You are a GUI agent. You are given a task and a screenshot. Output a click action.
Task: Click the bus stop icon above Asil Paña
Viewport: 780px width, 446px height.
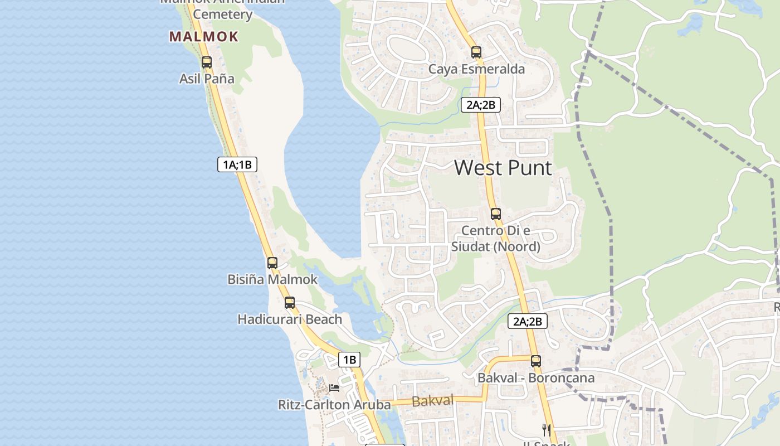tap(207, 62)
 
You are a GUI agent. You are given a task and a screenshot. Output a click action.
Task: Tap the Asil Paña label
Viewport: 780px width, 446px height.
tap(207, 79)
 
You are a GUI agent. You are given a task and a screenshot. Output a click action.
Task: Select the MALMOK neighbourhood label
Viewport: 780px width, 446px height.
tap(204, 37)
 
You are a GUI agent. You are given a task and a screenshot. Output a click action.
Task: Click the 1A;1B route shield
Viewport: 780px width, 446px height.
tap(237, 164)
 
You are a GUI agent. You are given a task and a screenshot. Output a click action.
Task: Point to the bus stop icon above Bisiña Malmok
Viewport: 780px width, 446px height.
tap(272, 263)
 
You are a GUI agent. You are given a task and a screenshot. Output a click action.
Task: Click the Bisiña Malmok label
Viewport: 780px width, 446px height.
tap(272, 279)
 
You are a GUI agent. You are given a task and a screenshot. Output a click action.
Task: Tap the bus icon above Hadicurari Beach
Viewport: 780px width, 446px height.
tap(290, 303)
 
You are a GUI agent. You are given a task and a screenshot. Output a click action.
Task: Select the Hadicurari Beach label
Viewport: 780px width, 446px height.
tap(290, 319)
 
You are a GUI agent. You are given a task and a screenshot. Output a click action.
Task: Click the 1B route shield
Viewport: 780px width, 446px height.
tap(349, 360)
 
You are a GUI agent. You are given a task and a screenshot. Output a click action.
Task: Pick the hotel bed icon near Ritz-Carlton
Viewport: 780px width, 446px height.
tap(334, 387)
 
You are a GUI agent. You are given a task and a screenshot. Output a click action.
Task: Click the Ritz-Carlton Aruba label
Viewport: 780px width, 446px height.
tap(334, 405)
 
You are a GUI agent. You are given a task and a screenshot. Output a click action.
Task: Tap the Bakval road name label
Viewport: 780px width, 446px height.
tap(432, 400)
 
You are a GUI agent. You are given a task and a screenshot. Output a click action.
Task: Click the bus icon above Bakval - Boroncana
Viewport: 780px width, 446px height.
tap(536, 361)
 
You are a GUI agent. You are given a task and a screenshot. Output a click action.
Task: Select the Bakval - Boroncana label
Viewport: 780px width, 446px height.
tap(536, 377)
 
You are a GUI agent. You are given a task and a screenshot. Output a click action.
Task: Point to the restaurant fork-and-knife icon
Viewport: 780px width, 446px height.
tap(547, 430)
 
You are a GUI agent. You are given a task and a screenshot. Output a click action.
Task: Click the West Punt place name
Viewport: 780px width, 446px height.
tap(503, 167)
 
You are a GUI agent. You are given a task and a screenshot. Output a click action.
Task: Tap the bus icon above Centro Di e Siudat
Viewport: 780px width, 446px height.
tap(495, 214)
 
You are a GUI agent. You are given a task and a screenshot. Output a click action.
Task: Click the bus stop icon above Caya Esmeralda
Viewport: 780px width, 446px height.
tap(476, 52)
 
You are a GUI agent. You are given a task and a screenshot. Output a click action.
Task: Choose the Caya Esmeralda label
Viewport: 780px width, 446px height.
tap(476, 69)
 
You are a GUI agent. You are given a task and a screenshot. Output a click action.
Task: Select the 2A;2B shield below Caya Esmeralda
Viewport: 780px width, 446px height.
tap(480, 104)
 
